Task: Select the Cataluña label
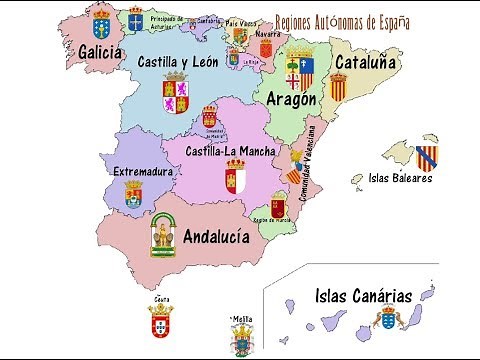pos(365,62)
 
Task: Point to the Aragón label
pos(292,98)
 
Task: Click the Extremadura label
pos(144,171)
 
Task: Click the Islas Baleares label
pos(400,179)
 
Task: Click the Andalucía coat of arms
pos(163,235)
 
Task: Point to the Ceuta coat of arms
pos(160,320)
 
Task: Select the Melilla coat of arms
pos(242,340)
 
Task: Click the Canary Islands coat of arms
pos(387,319)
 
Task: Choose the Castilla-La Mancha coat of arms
pos(235,181)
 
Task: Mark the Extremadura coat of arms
pos(133,194)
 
